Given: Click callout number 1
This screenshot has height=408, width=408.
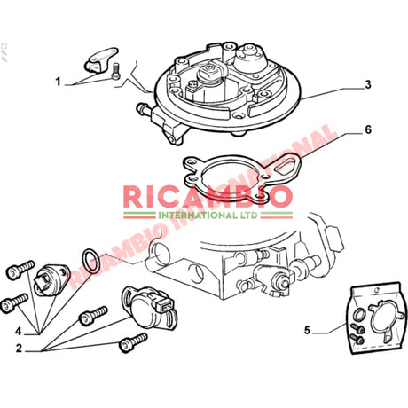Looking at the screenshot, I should click(x=58, y=82).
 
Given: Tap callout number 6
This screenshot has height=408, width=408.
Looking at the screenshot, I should click(x=366, y=129).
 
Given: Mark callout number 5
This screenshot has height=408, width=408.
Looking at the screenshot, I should click(x=307, y=330).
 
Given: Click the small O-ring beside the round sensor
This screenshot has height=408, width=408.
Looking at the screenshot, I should click(x=90, y=258).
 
